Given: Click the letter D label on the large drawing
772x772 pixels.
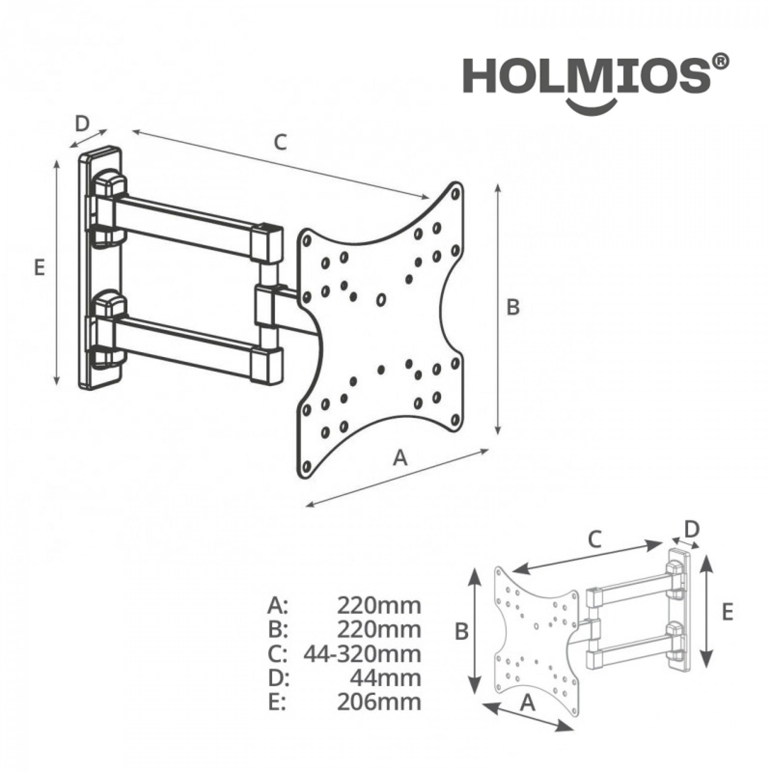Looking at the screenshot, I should tap(82, 124).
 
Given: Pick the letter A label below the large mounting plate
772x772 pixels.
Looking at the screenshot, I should tap(400, 458).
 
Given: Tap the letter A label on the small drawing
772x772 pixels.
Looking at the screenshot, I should tap(528, 703).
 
